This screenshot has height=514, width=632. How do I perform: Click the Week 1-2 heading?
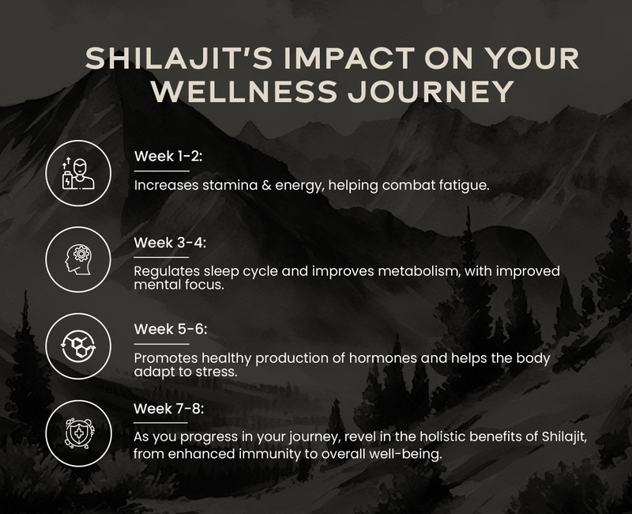pos(168,156)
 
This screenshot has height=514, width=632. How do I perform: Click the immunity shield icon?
pos(77,431)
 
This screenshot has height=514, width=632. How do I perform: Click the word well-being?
pos(386,455)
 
